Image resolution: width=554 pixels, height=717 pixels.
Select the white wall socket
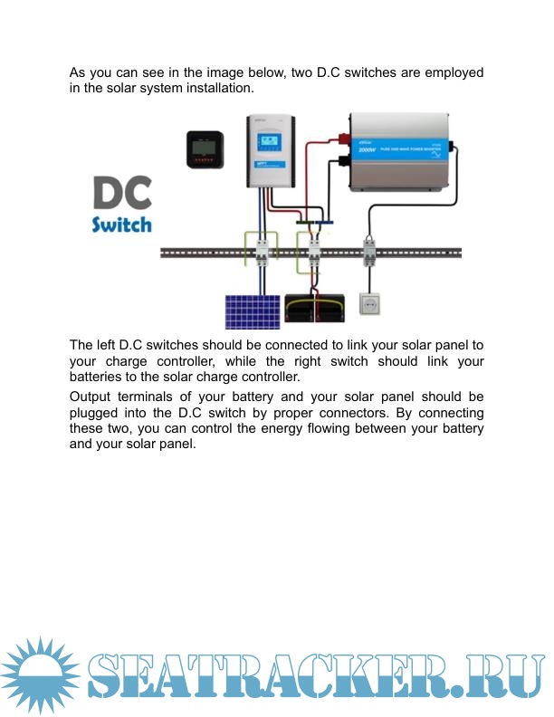369,303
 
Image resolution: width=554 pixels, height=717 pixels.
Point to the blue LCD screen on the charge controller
268,142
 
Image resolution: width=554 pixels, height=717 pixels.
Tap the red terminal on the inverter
344,139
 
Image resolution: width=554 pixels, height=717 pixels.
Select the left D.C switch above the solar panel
263,251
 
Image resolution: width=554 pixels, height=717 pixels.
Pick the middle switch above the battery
314,251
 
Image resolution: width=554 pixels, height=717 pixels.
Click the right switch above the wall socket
368,251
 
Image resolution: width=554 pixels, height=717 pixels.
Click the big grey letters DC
122,194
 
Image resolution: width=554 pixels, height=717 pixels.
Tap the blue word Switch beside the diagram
121,224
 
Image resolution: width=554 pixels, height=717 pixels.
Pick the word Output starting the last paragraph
92,397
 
